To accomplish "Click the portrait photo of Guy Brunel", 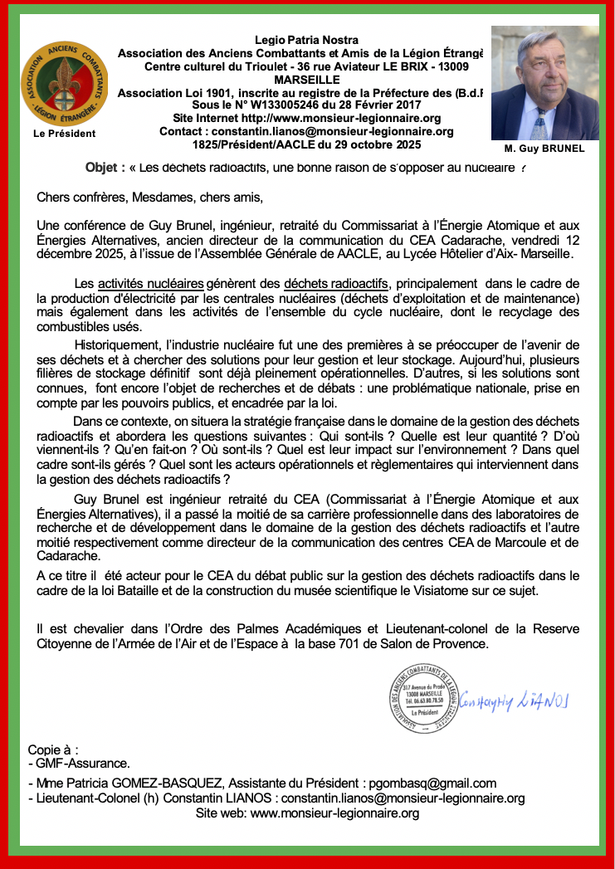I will (x=544, y=83).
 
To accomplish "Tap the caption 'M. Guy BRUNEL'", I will (x=544, y=149).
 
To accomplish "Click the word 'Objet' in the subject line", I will (x=104, y=167).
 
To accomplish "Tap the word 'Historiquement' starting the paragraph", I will (x=124, y=344).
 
